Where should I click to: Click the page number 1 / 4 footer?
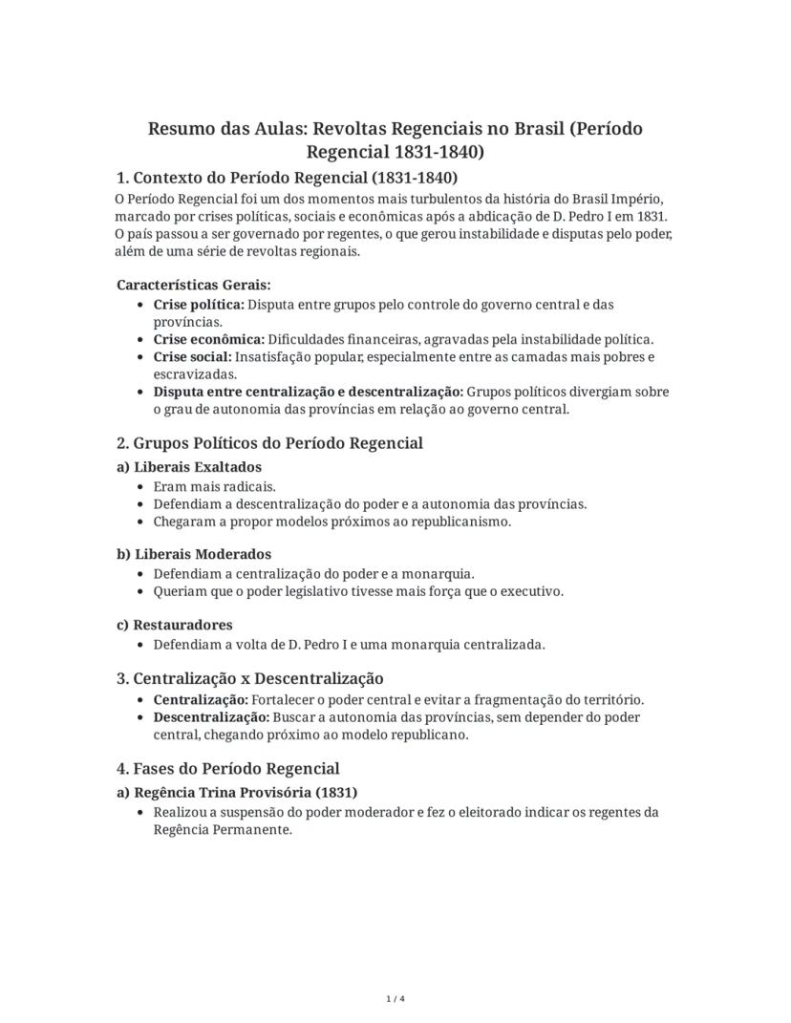pyautogui.click(x=395, y=999)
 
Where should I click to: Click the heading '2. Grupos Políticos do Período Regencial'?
pyautogui.click(x=269, y=443)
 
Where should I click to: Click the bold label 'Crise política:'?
pyautogui.click(x=199, y=305)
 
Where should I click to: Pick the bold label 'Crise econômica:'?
pyautogui.click(x=208, y=339)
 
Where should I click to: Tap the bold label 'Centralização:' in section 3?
pyautogui.click(x=200, y=699)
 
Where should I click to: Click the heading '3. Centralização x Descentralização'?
pyautogui.click(x=249, y=678)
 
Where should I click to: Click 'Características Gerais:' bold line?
pyautogui.click(x=194, y=285)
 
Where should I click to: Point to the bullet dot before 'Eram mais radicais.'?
pyautogui.click(x=142, y=486)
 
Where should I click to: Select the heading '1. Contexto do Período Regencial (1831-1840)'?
pyautogui.click(x=287, y=178)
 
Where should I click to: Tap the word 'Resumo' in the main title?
pyautogui.click(x=181, y=129)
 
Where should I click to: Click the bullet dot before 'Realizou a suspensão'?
pyautogui.click(x=142, y=813)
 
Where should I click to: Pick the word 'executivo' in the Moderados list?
pyautogui.click(x=532, y=591)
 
